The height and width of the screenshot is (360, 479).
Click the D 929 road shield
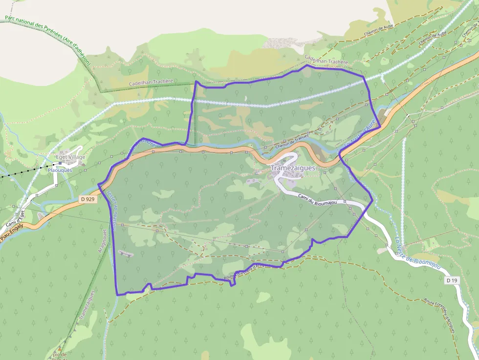click(87, 199)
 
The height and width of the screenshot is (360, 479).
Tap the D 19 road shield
click(452, 281)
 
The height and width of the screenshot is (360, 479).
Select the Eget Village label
click(70, 157)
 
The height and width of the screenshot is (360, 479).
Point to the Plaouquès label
click(60, 170)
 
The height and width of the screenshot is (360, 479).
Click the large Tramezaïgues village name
click(293, 168)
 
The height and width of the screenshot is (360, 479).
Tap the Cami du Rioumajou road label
click(317, 200)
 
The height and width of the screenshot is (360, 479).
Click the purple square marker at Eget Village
click(61, 164)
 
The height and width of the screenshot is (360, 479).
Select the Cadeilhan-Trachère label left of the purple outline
click(151, 83)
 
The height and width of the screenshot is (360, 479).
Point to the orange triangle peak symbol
click(60, 349)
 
